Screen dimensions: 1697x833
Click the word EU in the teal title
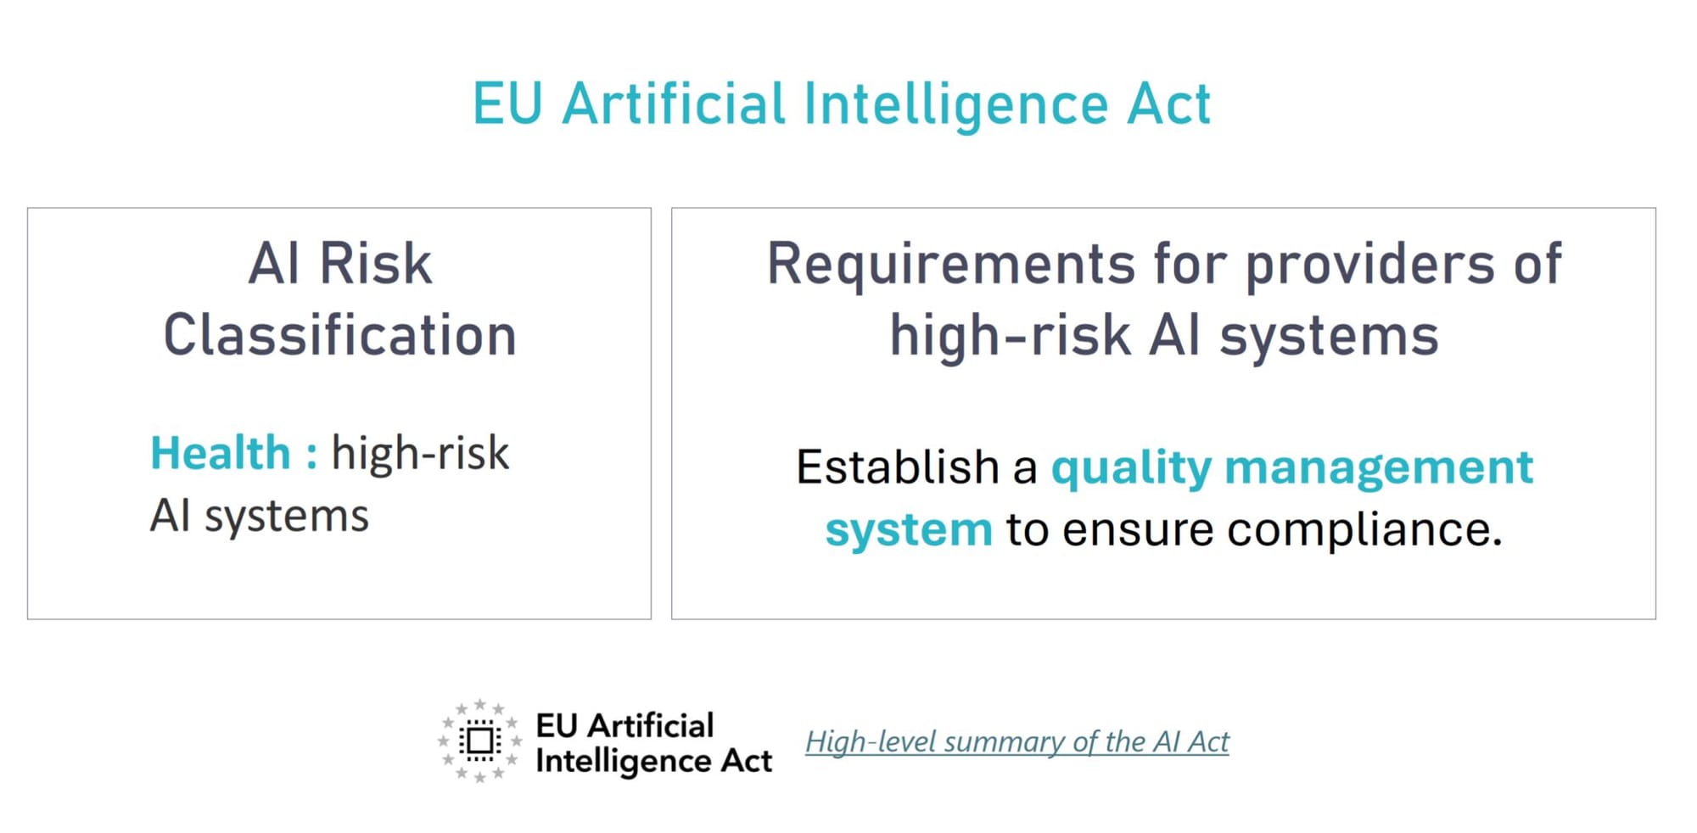[507, 104]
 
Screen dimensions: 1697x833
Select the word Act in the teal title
[1168, 104]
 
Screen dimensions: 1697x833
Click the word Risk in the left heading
[376, 263]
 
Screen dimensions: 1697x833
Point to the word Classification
[339, 334]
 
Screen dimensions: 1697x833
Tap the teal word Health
[221, 452]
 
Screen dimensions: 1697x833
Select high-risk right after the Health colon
[420, 452]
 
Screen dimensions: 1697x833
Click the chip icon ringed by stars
[479, 741]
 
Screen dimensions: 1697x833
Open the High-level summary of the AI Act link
[1017, 742]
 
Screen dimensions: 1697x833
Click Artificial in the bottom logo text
[650, 726]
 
